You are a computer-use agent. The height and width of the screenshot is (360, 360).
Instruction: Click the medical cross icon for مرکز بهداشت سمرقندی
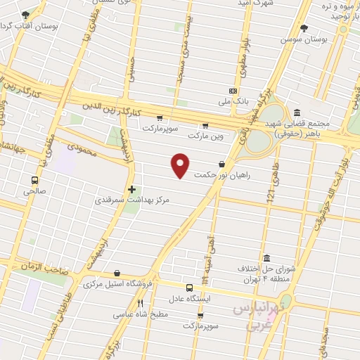coord(131,189)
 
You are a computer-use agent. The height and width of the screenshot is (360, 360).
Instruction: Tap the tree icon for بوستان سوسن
coord(304,28)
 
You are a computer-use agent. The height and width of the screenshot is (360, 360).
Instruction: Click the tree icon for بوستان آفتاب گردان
coord(26,15)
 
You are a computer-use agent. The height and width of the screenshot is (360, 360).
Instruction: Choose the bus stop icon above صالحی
coord(34,179)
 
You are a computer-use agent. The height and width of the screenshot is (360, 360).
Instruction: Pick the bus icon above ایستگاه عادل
coord(189,287)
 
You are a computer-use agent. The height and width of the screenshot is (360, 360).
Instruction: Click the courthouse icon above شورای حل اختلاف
coord(265,258)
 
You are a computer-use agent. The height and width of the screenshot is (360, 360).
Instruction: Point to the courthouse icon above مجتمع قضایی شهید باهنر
coord(297,112)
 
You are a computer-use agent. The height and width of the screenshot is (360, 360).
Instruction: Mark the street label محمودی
coord(82,147)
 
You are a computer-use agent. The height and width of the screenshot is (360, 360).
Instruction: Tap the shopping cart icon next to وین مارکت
coord(205,126)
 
